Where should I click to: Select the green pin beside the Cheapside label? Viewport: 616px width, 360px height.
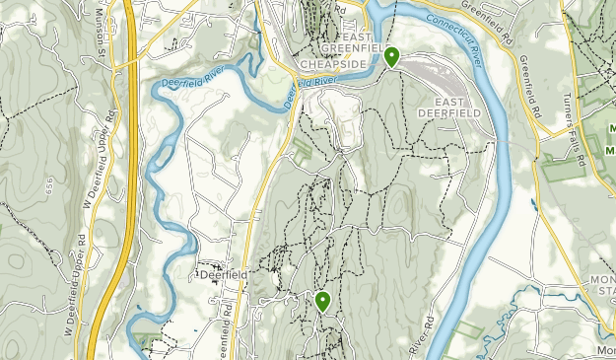coord(391,56)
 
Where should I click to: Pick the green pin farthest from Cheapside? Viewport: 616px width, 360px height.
coord(322,301)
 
